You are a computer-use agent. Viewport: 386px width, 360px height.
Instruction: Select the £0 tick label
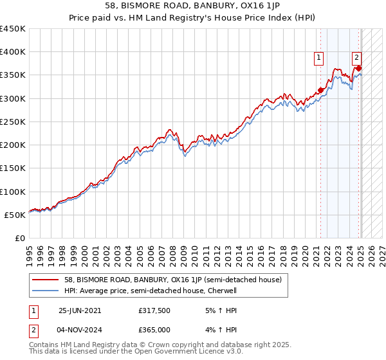pyautogui.click(x=19, y=238)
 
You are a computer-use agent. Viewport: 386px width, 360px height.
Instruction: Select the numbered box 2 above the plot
pyautogui.click(x=356, y=57)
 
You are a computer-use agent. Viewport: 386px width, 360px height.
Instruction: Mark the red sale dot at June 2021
pyautogui.click(x=320, y=90)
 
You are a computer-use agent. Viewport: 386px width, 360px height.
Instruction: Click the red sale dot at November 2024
pyautogui.click(x=358, y=68)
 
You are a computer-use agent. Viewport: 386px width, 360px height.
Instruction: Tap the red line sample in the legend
pyautogui.click(x=46, y=280)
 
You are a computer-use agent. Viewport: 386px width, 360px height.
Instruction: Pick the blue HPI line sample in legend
pyautogui.click(x=46, y=291)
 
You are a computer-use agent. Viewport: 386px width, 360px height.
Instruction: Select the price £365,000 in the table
pyautogui.click(x=154, y=330)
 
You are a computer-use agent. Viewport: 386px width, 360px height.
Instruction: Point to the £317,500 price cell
pyautogui.click(x=154, y=310)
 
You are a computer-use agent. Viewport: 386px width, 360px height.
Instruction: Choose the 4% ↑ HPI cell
pyautogui.click(x=215, y=330)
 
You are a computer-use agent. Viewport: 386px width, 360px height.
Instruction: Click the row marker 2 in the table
pyautogui.click(x=33, y=330)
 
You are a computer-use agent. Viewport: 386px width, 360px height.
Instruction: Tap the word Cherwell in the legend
pyautogui.click(x=223, y=291)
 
